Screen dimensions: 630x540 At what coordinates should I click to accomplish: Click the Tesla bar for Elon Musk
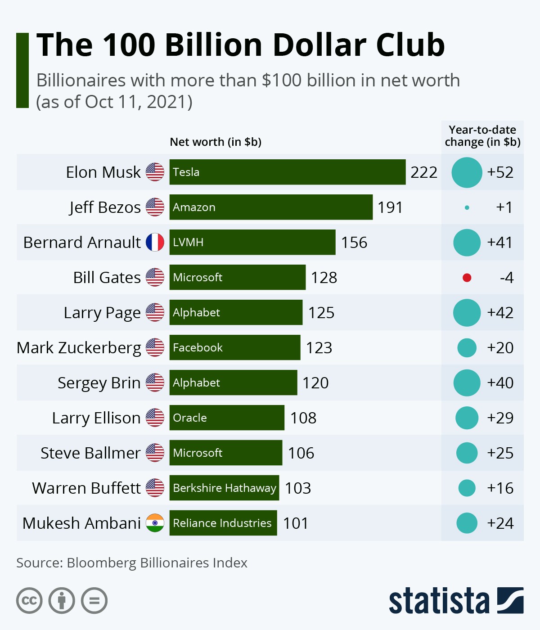(x=287, y=172)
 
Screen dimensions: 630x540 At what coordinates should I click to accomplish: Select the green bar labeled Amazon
(x=271, y=207)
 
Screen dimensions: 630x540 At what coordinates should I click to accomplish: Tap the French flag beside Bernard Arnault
(x=155, y=242)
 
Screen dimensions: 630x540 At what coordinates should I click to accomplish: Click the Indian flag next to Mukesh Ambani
(x=155, y=523)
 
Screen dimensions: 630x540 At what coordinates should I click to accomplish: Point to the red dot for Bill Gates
(x=467, y=278)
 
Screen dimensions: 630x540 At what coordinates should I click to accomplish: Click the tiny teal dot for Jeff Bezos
(x=467, y=207)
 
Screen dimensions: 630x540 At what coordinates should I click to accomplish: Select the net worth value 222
(x=423, y=172)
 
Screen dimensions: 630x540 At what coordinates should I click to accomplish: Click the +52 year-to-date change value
(x=500, y=172)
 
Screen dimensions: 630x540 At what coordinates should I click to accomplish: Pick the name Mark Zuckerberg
(x=79, y=348)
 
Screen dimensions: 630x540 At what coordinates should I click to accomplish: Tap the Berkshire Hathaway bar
(x=224, y=488)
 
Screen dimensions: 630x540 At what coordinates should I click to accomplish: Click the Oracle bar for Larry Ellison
(x=227, y=418)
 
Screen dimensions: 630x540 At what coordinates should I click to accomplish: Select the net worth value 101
(x=296, y=523)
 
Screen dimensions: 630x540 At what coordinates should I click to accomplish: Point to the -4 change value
(x=506, y=278)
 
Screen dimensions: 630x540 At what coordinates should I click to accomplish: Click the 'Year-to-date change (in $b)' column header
(x=482, y=136)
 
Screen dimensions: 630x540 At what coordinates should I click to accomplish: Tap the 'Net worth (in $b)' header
(x=216, y=142)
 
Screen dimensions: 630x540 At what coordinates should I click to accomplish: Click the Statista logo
(x=456, y=600)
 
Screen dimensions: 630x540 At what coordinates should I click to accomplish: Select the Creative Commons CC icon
(x=29, y=601)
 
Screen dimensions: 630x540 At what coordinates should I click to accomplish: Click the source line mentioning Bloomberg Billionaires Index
(x=132, y=563)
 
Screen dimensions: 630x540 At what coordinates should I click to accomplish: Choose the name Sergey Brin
(x=99, y=383)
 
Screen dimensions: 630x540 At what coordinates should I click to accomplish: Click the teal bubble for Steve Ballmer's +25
(x=467, y=453)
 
